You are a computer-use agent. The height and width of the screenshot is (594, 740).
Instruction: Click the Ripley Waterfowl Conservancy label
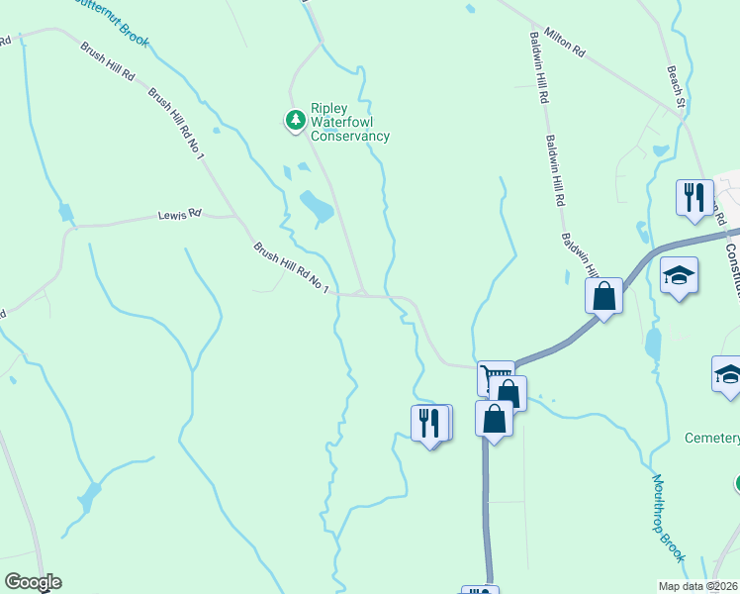[349, 123]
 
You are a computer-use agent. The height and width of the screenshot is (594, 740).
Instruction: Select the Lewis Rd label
[180, 214]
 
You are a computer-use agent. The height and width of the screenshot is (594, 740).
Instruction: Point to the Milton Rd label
[565, 47]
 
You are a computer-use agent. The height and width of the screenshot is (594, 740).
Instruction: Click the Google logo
[33, 582]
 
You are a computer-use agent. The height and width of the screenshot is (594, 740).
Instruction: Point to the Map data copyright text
[699, 585]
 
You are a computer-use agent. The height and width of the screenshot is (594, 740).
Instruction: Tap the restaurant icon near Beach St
[694, 196]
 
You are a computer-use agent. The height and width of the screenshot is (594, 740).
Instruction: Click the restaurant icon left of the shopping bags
[429, 423]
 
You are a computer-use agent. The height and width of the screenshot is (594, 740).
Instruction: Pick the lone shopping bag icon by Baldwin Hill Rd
[603, 296]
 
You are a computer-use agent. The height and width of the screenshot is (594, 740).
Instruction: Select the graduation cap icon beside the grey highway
[680, 275]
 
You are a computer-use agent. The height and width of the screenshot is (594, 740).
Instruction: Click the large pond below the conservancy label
[317, 205]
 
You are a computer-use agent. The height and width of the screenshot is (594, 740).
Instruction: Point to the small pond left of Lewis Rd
[65, 212]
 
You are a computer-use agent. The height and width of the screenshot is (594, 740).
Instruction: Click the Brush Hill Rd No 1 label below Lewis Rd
[290, 267]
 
